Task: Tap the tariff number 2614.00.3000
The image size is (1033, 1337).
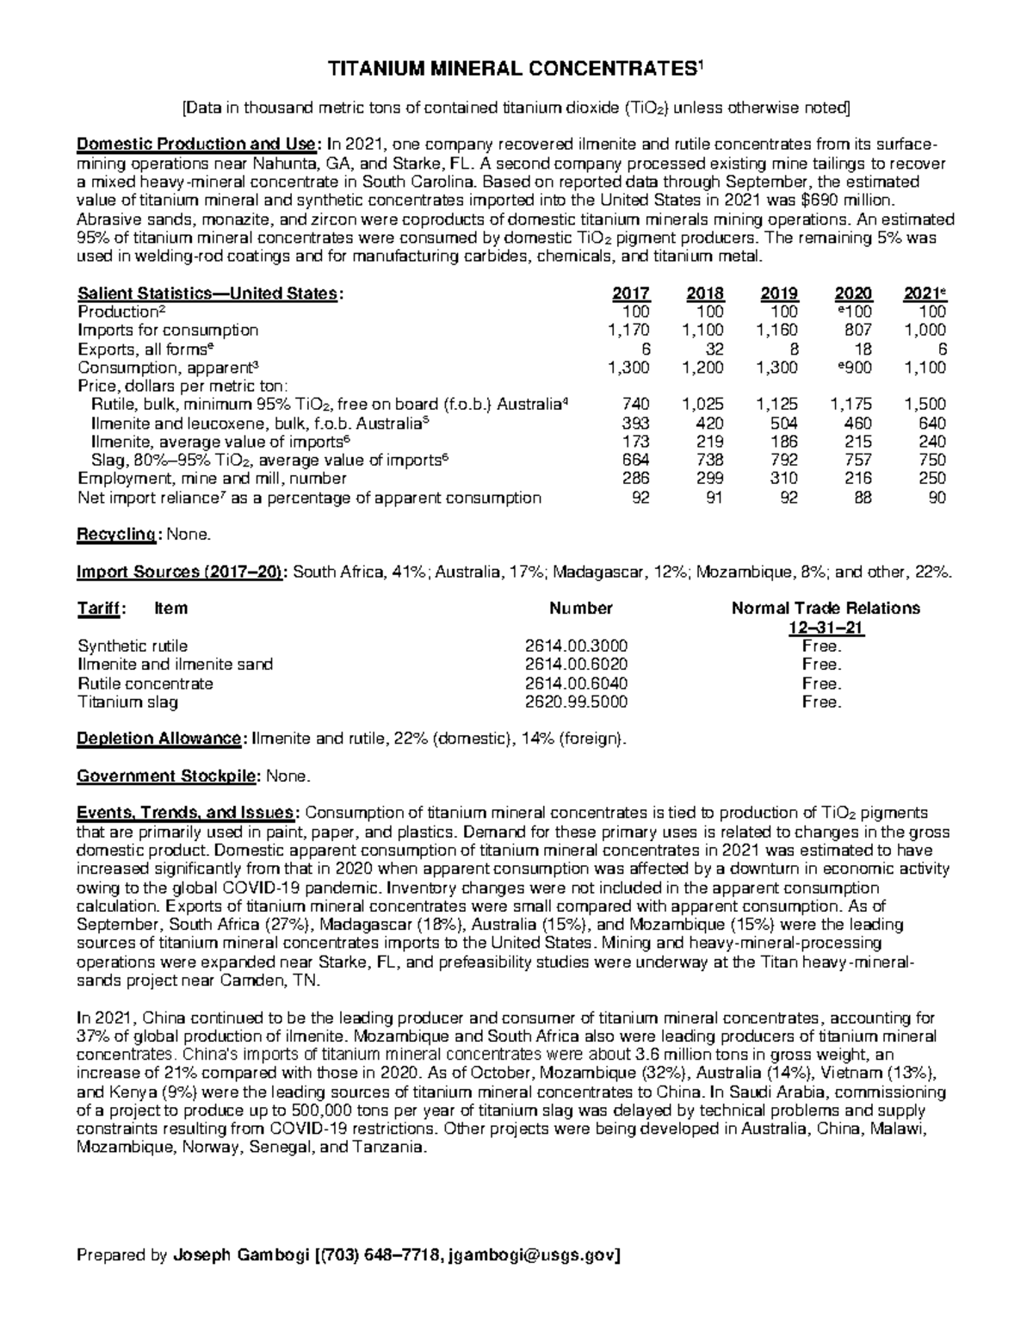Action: [576, 646]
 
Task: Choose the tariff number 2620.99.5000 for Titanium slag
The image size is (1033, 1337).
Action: [576, 702]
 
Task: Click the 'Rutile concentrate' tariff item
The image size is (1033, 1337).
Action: [145, 684]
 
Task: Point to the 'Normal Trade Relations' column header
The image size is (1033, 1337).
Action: [826, 609]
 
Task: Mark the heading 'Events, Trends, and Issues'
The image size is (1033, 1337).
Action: [188, 813]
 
